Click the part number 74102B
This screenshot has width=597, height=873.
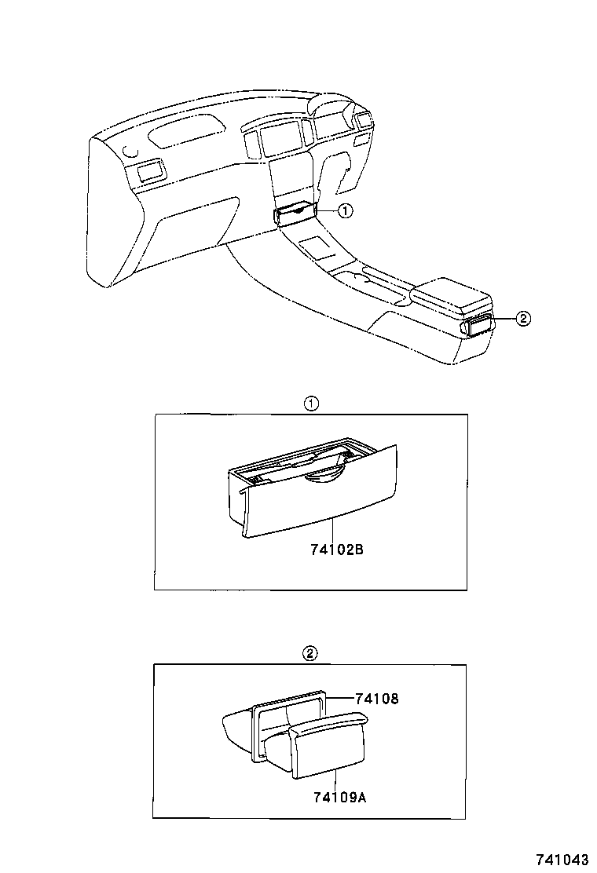(335, 550)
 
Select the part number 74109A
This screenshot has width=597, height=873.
(339, 798)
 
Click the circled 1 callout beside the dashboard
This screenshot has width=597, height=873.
(345, 210)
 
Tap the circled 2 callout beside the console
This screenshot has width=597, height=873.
(524, 318)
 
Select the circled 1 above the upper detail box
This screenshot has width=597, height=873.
(311, 404)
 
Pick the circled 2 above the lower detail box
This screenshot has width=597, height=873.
(310, 653)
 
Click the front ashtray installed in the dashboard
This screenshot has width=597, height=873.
(295, 213)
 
